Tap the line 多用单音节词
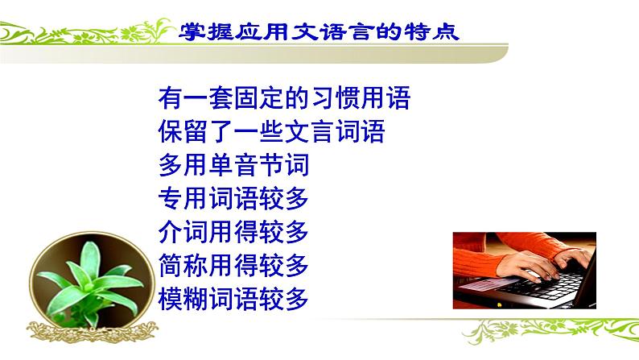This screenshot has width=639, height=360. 234,166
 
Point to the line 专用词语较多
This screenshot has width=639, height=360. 234,199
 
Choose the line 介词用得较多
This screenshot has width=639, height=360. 234,232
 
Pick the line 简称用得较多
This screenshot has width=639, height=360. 234,265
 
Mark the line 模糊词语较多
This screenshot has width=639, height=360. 234,299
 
